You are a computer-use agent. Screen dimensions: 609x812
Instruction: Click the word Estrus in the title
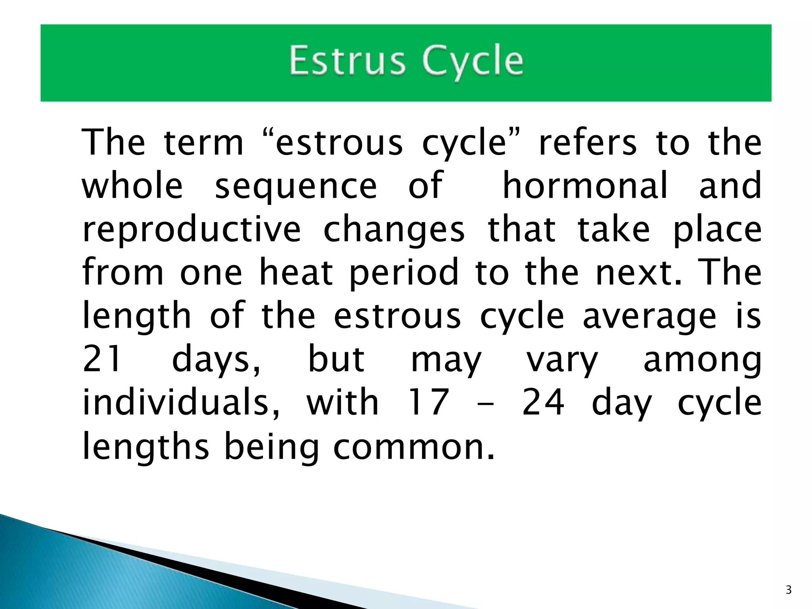(347, 60)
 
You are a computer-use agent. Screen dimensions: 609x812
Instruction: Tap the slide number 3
(789, 590)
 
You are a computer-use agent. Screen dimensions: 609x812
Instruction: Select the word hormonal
(585, 186)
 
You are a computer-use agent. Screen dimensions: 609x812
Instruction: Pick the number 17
(429, 402)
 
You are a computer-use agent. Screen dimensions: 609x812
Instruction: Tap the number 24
(543, 402)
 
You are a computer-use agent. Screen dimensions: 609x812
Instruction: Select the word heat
(296, 272)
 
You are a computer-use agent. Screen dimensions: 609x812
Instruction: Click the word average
(649, 317)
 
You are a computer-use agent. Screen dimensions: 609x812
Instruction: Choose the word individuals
(181, 402)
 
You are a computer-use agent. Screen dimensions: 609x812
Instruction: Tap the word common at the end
(414, 447)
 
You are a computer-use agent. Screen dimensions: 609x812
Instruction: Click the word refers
(588, 142)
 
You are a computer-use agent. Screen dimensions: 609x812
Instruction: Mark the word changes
(394, 231)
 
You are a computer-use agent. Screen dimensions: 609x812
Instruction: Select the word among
(702, 360)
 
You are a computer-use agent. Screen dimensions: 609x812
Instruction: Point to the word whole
(132, 186)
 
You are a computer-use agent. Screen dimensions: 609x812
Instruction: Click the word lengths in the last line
(146, 447)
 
